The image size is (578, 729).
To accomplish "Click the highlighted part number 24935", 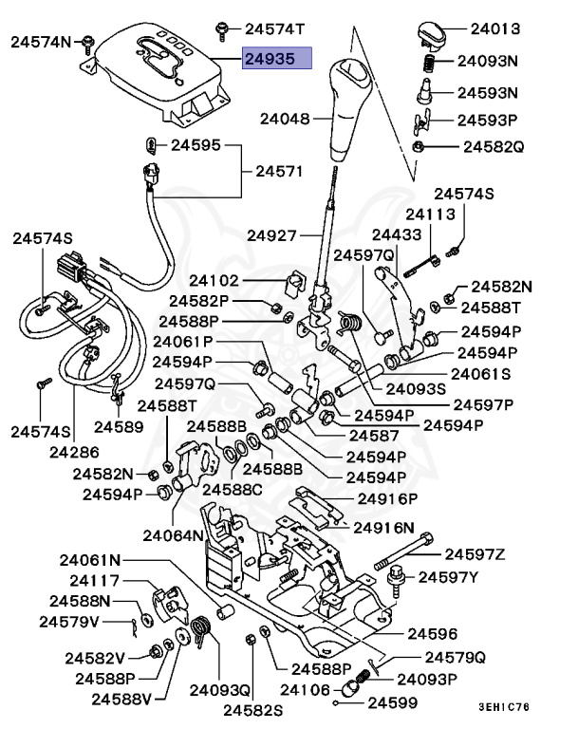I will (x=276, y=59).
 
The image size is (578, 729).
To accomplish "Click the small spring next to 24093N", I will (x=427, y=65).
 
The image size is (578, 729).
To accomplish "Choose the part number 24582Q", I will (x=493, y=147).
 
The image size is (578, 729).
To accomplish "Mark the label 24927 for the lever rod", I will (x=272, y=234).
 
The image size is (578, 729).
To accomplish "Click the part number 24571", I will (x=280, y=172).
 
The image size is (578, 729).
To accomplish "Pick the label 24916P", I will (x=387, y=498).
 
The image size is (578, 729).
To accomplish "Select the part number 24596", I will (x=432, y=633).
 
